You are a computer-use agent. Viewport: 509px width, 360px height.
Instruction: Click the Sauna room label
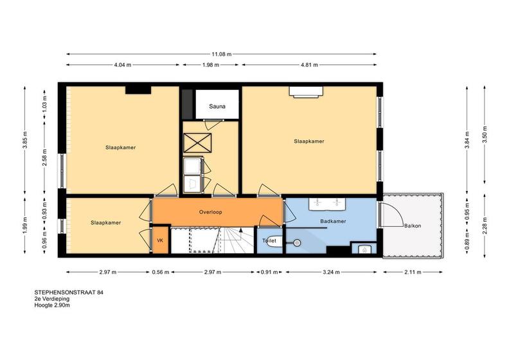[x=217, y=106]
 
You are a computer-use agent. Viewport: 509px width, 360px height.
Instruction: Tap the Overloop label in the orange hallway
[x=211, y=212]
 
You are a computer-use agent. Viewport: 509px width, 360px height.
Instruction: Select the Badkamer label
[x=333, y=221]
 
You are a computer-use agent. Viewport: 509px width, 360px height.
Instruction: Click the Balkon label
[x=413, y=225]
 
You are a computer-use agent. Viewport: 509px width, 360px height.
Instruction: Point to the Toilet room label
[x=269, y=240]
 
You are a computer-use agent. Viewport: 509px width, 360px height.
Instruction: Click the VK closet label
[x=160, y=240]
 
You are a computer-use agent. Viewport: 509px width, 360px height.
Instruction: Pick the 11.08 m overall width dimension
[x=222, y=54]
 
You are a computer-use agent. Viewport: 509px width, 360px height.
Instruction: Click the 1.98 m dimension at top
[x=211, y=65]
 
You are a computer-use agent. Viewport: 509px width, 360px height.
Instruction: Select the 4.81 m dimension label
[x=309, y=65]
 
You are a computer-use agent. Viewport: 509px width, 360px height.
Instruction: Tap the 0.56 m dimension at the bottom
[x=161, y=272]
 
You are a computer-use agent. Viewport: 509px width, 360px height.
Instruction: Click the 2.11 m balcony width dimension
[x=413, y=272]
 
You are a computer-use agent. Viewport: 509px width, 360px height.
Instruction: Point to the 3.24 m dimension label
[x=331, y=272]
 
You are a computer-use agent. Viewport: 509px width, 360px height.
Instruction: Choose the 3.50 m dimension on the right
[x=485, y=134]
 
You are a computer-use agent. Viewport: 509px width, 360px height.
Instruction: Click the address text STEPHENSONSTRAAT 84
[x=69, y=292]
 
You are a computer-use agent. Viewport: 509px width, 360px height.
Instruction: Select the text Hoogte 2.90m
[x=52, y=305]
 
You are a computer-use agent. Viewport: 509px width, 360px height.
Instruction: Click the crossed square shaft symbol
[x=197, y=143]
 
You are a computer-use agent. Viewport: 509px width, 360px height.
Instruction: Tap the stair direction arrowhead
[x=241, y=230]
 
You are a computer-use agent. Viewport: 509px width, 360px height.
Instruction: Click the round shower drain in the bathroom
[x=296, y=242]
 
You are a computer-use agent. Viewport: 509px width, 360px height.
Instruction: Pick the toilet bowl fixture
[x=275, y=241]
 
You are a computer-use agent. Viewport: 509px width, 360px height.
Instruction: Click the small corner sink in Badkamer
[x=364, y=249]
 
